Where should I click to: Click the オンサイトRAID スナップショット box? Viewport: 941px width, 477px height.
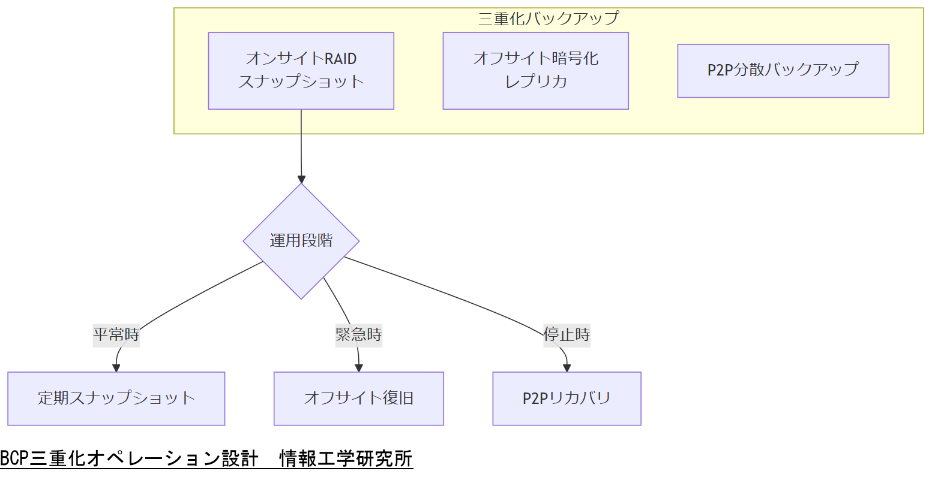pos(301,71)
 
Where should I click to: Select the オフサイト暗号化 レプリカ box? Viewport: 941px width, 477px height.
pos(535,71)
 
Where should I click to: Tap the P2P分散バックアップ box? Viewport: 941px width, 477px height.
pos(783,71)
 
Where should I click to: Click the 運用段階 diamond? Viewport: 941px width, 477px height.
pos(301,241)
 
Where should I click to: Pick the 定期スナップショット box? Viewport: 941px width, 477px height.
pos(116,398)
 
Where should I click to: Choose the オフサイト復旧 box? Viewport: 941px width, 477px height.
pos(358,398)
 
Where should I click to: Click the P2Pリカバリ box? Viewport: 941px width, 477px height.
pos(567,398)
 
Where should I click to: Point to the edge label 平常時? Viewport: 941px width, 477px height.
pos(116,334)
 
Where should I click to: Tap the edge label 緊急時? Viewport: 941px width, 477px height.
pos(358,334)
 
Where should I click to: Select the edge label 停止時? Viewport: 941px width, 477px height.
pos(567,334)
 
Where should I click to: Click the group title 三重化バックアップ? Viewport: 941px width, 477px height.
pos(548,18)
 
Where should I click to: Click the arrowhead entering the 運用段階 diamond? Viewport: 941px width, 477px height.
pos(301,179)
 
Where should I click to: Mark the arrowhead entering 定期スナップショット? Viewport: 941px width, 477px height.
pos(116,368)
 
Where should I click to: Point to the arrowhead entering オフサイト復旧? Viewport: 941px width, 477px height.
pos(359,368)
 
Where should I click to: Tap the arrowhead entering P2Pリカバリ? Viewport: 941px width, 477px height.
pos(567,368)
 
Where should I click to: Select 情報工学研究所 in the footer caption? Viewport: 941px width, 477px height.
pos(346,459)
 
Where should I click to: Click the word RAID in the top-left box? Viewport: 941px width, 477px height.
pos(340,59)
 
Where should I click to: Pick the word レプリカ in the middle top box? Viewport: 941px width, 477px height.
pos(535,81)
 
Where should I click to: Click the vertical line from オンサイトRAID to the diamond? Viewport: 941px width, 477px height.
pos(301,144)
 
